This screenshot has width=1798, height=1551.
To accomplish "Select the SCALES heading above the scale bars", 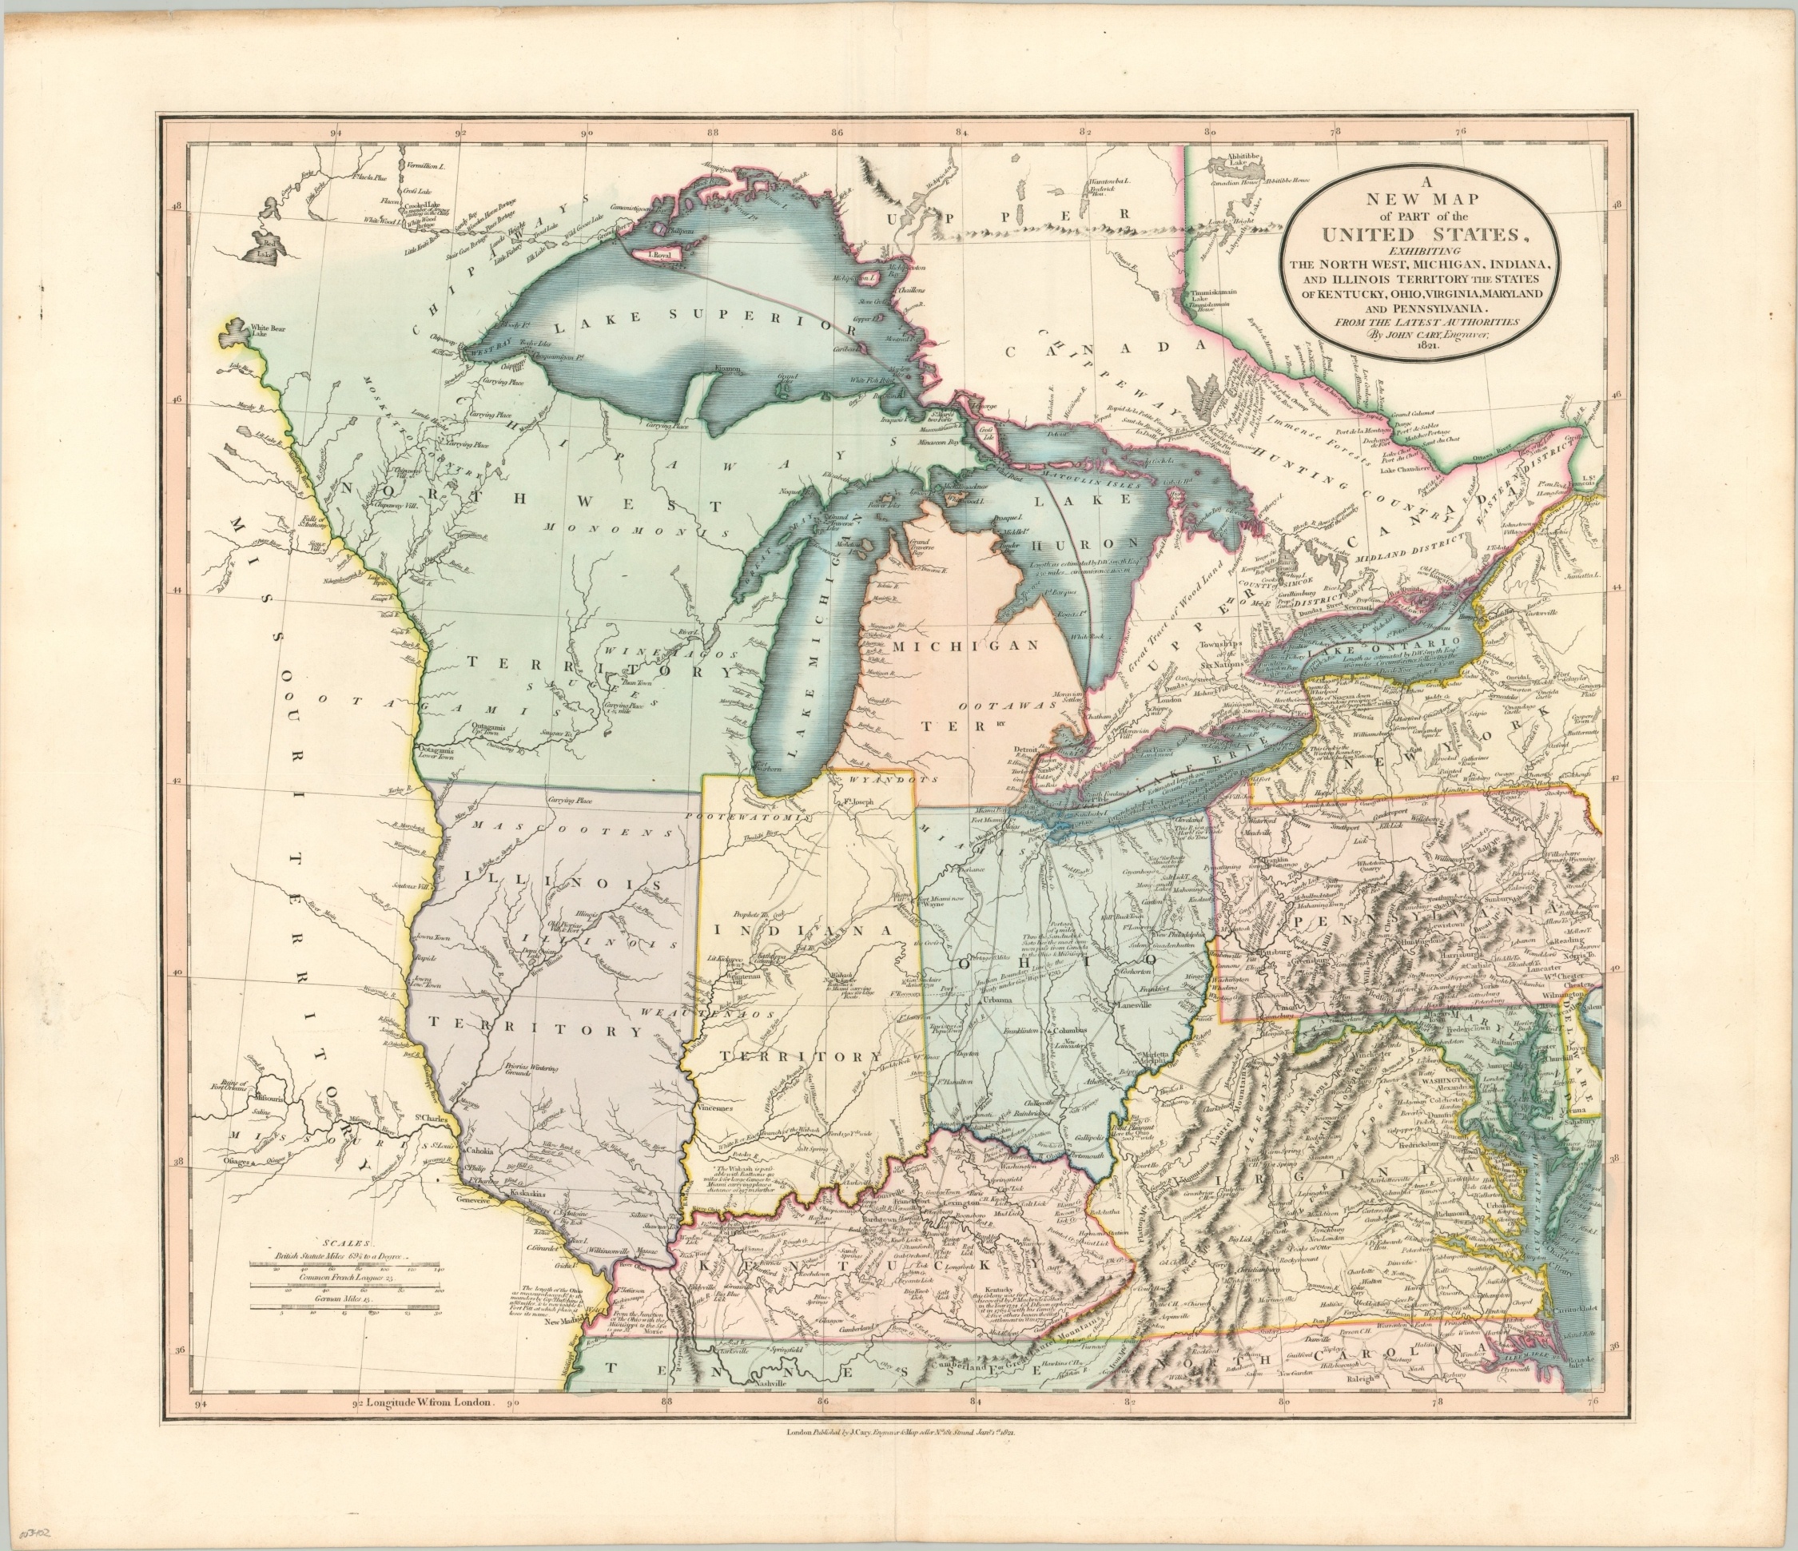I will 344,1243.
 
